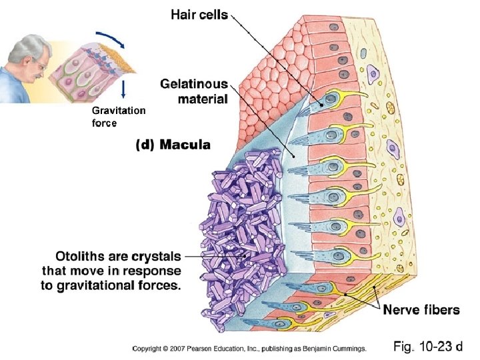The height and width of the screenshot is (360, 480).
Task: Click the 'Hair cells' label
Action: click(199, 15)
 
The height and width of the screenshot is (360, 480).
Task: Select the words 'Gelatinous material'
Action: click(194, 92)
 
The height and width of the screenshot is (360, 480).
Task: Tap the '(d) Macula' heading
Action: click(173, 144)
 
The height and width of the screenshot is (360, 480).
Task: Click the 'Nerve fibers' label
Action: click(421, 309)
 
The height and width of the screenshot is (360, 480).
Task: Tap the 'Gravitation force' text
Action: click(118, 117)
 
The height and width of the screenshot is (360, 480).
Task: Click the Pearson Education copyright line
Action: click(249, 348)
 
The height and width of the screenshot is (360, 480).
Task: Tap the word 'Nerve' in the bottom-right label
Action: click(401, 309)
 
